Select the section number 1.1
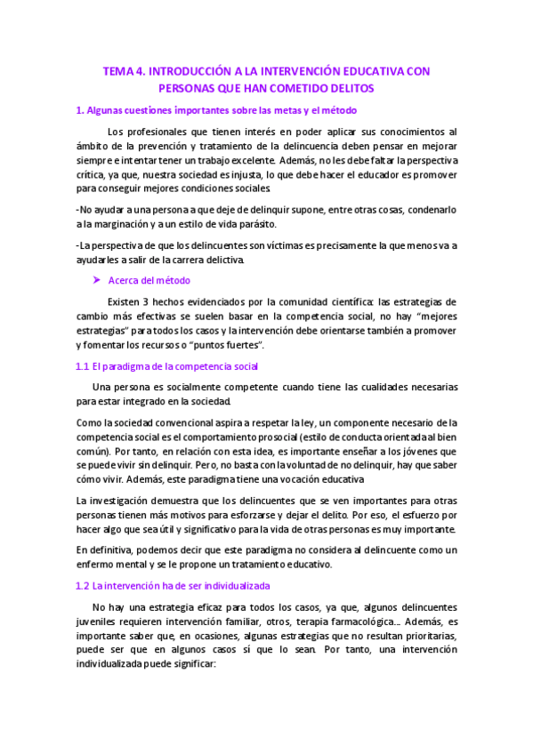click(82, 365)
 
